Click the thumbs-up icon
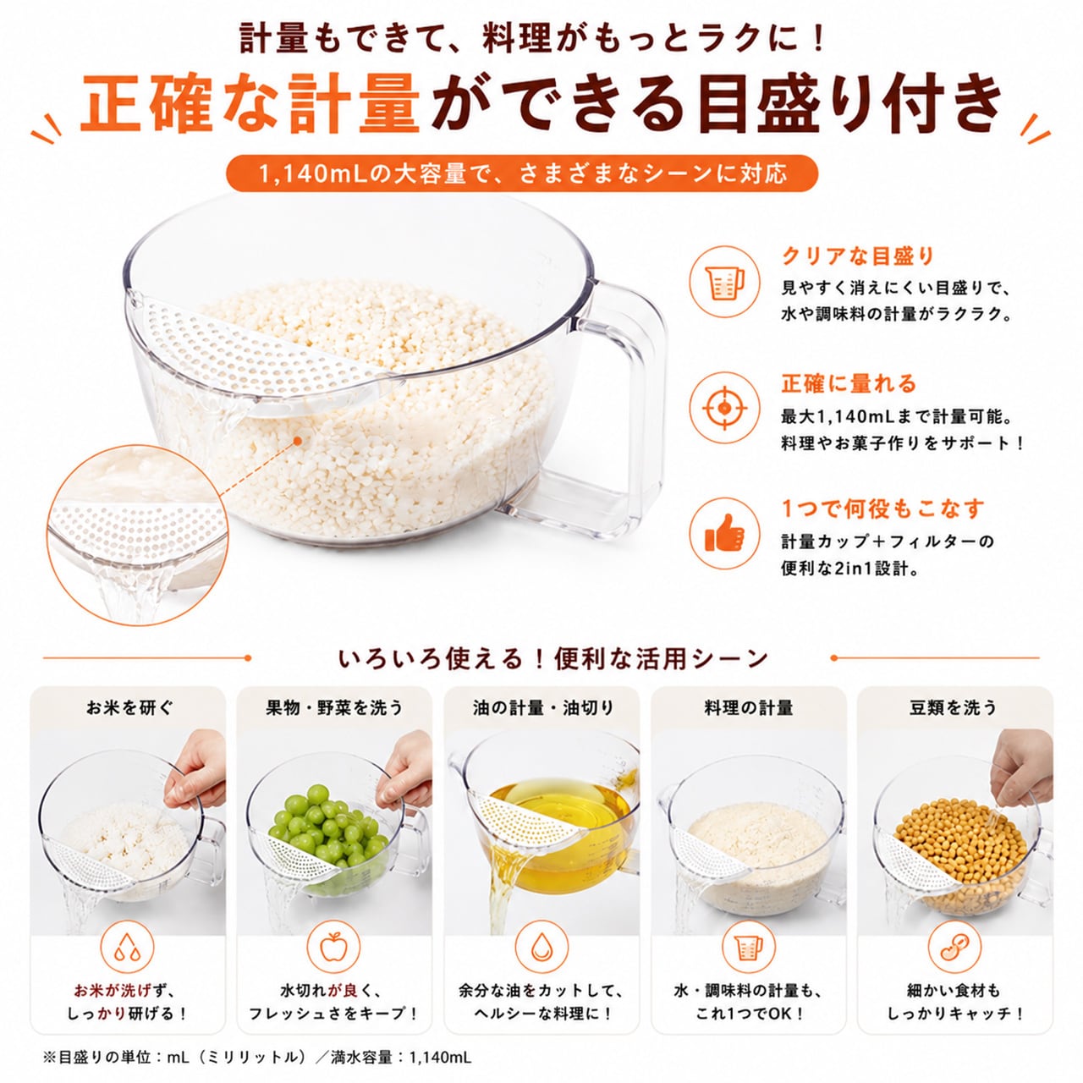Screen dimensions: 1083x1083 point(724,533)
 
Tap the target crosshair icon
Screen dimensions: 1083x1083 point(724,408)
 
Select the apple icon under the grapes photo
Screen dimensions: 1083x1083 point(333,948)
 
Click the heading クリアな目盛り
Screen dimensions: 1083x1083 point(858,256)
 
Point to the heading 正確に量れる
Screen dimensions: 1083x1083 point(849,384)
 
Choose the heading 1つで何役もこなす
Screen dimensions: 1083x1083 point(883,509)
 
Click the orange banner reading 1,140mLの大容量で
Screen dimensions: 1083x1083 point(522,173)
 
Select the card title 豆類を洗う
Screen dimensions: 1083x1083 point(954,707)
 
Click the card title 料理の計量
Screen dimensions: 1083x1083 point(749,707)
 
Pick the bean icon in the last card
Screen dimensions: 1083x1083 point(954,948)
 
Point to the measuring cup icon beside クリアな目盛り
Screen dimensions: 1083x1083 point(725,282)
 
